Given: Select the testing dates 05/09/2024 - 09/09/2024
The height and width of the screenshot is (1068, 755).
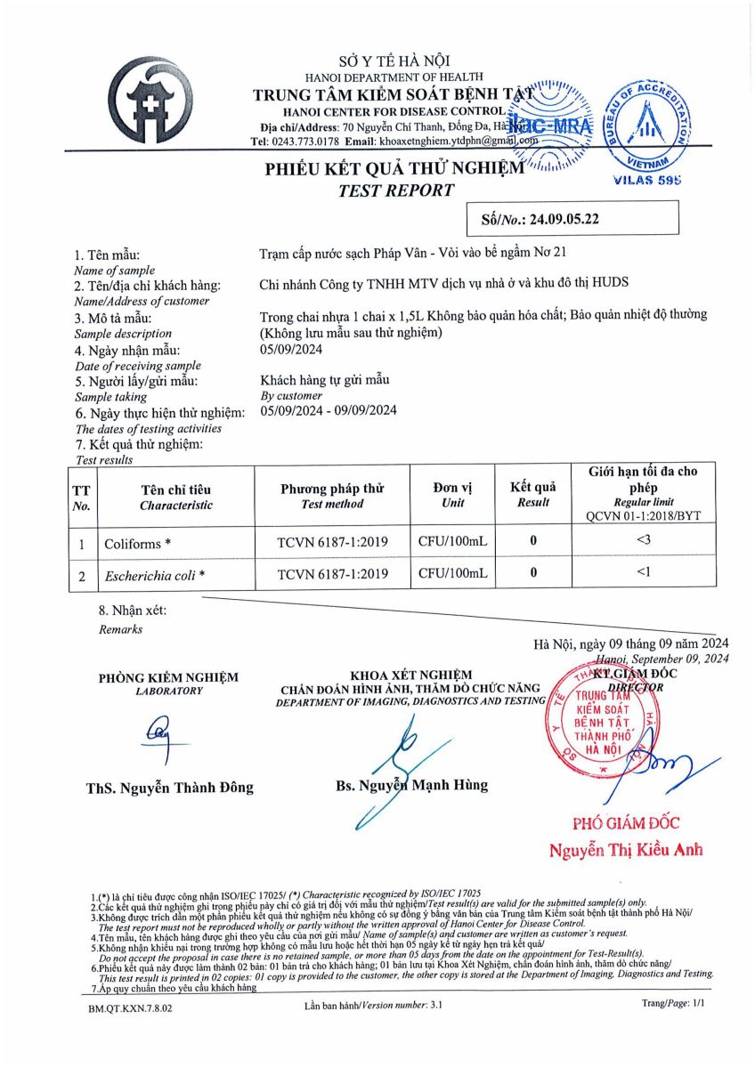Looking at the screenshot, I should tap(329, 410).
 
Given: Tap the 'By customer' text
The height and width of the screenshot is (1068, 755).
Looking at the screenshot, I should tap(291, 395).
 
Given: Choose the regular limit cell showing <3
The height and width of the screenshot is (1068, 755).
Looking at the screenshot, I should tap(642, 538).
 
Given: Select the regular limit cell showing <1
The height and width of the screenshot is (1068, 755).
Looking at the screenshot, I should tap(642, 572).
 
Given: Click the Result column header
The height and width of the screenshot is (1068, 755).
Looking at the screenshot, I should tap(532, 495).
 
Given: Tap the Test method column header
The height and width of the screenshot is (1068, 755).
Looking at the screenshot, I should tap(332, 497).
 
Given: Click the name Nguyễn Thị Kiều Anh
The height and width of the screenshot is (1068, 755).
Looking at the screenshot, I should tap(626, 850).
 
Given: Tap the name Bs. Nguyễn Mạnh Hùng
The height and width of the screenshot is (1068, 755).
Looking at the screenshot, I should tap(412, 785).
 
